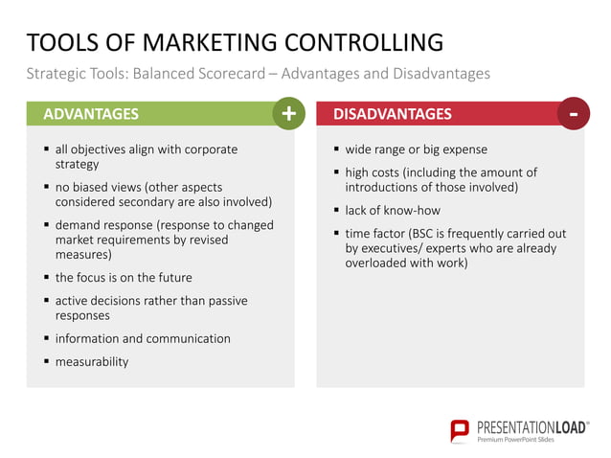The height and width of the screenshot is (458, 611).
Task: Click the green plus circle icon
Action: pyautogui.click(x=288, y=114)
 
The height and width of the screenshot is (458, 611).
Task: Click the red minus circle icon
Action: pyautogui.click(x=573, y=114)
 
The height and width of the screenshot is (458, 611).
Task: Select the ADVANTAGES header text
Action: pyautogui.click(x=91, y=114)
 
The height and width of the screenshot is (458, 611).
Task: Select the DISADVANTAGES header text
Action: pyautogui.click(x=392, y=114)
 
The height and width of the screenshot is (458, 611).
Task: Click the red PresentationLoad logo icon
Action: pyautogui.click(x=460, y=430)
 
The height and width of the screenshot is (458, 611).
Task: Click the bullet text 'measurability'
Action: pyautogui.click(x=91, y=362)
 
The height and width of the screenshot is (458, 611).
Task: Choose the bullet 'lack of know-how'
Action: pyautogui.click(x=393, y=210)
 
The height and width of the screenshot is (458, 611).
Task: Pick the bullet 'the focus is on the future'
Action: pyautogui.click(x=123, y=278)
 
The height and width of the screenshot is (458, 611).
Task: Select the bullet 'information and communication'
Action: pyautogui.click(x=142, y=339)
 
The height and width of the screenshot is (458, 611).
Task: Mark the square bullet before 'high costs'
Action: pyautogui.click(x=336, y=172)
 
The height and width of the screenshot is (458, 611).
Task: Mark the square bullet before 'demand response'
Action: pyautogui.click(x=46, y=225)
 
